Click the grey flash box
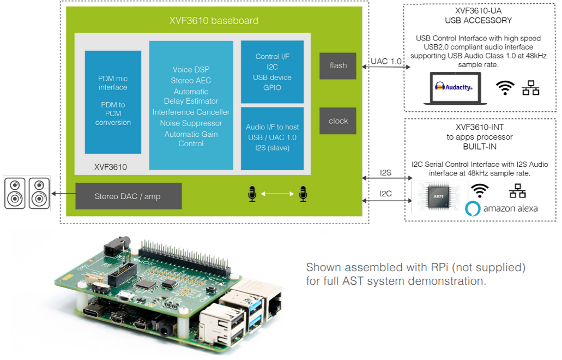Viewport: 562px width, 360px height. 337,65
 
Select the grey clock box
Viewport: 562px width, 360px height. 337,121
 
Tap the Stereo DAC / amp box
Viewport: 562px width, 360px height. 128,196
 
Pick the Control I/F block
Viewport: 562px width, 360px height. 272,71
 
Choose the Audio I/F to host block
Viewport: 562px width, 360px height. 272,138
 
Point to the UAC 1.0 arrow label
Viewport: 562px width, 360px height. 385,61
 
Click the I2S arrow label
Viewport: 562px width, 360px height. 386,173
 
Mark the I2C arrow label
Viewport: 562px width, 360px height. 386,193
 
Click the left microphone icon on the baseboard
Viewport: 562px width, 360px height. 251,194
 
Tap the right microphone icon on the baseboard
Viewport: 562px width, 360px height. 303,194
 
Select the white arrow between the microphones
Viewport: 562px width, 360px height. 277,194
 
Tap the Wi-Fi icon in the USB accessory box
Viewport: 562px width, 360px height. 505,88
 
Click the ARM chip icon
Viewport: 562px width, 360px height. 439,196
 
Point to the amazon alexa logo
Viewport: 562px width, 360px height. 502,208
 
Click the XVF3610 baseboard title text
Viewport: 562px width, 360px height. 214,21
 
